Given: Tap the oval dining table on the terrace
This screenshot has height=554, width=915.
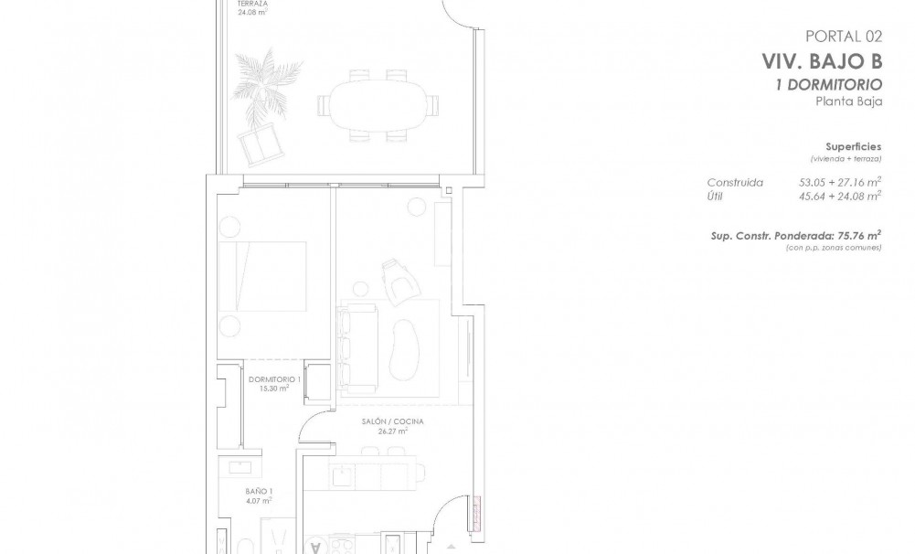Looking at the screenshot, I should coord(376,105).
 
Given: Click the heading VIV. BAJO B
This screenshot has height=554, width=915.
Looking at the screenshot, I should coord(821,62).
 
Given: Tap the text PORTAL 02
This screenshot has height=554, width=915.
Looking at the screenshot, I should coord(843,37).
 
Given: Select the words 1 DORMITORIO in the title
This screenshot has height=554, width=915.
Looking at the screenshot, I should coord(827,85).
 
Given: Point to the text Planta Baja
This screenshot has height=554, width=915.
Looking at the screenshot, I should coord(848,101).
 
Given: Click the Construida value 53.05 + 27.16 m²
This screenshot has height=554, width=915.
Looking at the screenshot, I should coord(839,182).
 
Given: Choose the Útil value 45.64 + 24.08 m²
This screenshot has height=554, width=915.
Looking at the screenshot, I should coord(839,195).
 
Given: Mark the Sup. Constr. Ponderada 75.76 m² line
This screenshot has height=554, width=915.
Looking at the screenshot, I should coord(795,235).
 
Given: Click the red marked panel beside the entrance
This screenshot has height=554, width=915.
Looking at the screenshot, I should coord(478,512).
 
